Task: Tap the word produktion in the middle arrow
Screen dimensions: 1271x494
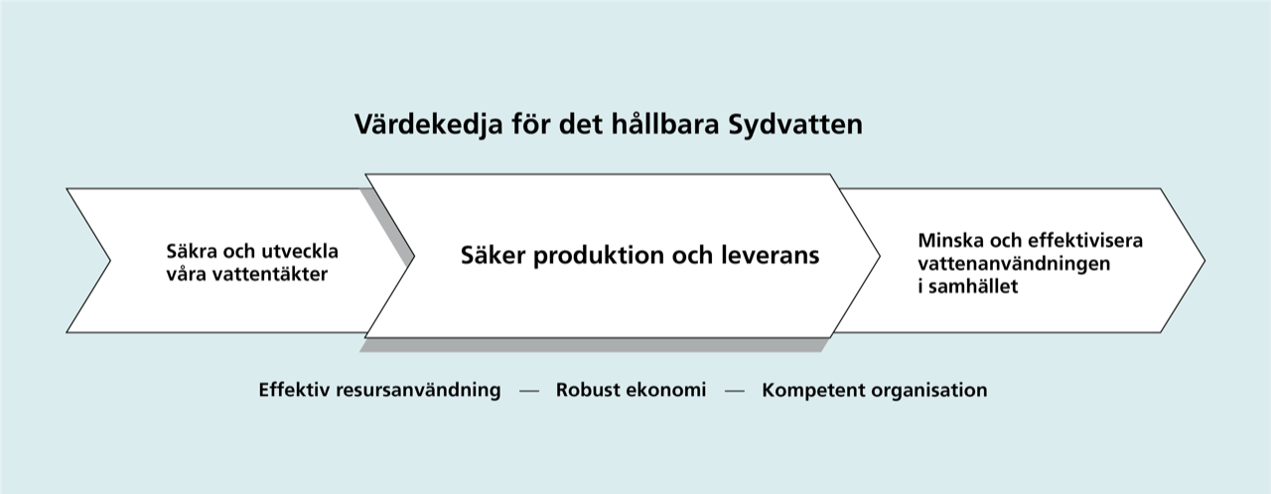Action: coord(599,256)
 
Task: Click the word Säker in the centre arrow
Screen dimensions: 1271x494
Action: coord(494,255)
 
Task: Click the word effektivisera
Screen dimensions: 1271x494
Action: coord(1085,240)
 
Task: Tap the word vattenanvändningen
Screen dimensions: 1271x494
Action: coord(1014,264)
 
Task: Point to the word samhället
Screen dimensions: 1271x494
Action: coord(974,286)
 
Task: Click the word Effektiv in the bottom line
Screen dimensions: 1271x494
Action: coord(294,390)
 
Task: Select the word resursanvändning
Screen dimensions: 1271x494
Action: coord(419,391)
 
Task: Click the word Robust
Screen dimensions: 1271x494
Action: coord(584,390)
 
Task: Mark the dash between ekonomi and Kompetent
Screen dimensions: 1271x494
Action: coord(734,391)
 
